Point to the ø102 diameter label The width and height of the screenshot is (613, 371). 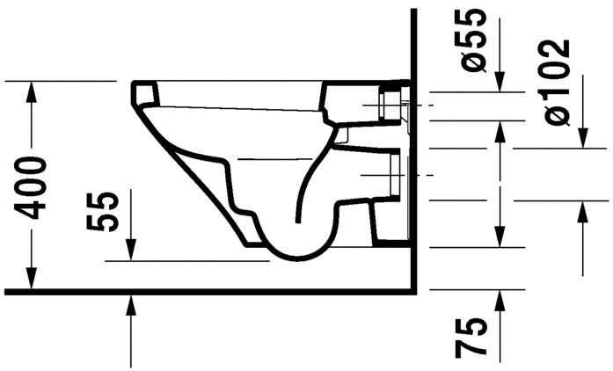(558, 82)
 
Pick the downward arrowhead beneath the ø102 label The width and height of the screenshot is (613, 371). (582, 141)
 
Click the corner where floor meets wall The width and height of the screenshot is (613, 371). (412, 289)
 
